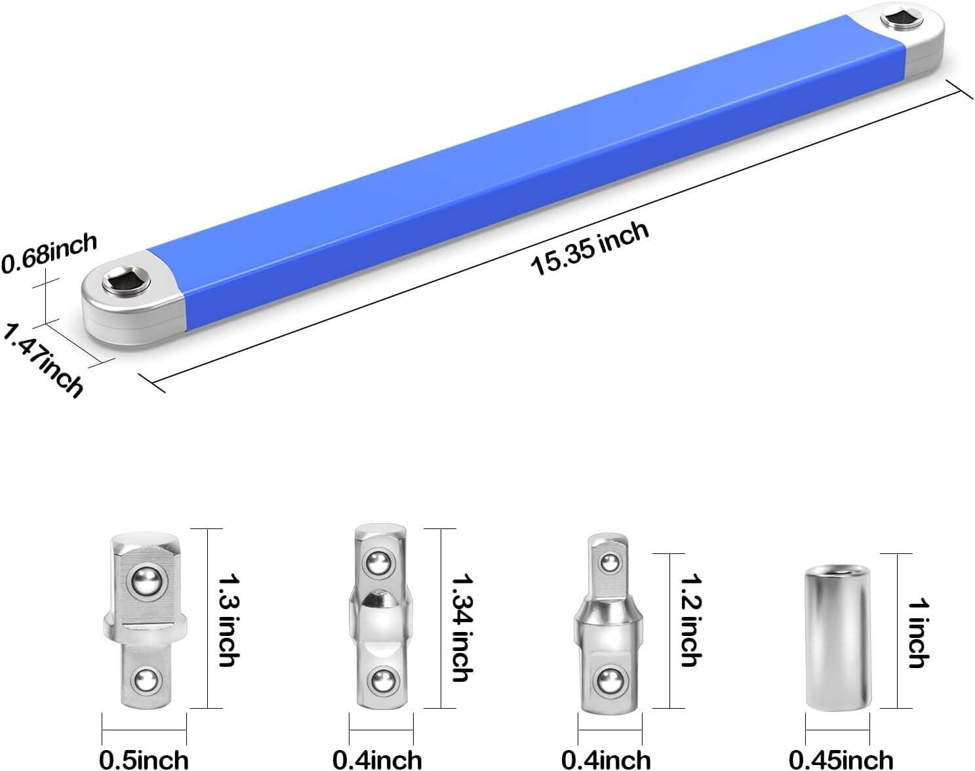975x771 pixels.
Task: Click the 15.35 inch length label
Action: pyautogui.click(x=589, y=248)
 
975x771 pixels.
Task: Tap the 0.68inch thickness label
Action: pyautogui.click(x=49, y=253)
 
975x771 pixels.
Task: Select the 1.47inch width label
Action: pyautogui.click(x=43, y=359)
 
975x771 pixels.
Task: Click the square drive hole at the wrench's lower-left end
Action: pyautogui.click(x=126, y=283)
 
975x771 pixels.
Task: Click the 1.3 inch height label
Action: pyautogui.click(x=228, y=620)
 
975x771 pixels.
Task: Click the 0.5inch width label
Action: pyautogui.click(x=144, y=759)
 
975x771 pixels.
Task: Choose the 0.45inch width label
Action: pyautogui.click(x=840, y=759)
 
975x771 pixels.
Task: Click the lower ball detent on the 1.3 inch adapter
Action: pyautogui.click(x=146, y=682)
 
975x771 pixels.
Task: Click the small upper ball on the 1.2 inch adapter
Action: pyautogui.click(x=610, y=563)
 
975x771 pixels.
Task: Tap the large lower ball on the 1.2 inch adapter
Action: pyautogui.click(x=610, y=681)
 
